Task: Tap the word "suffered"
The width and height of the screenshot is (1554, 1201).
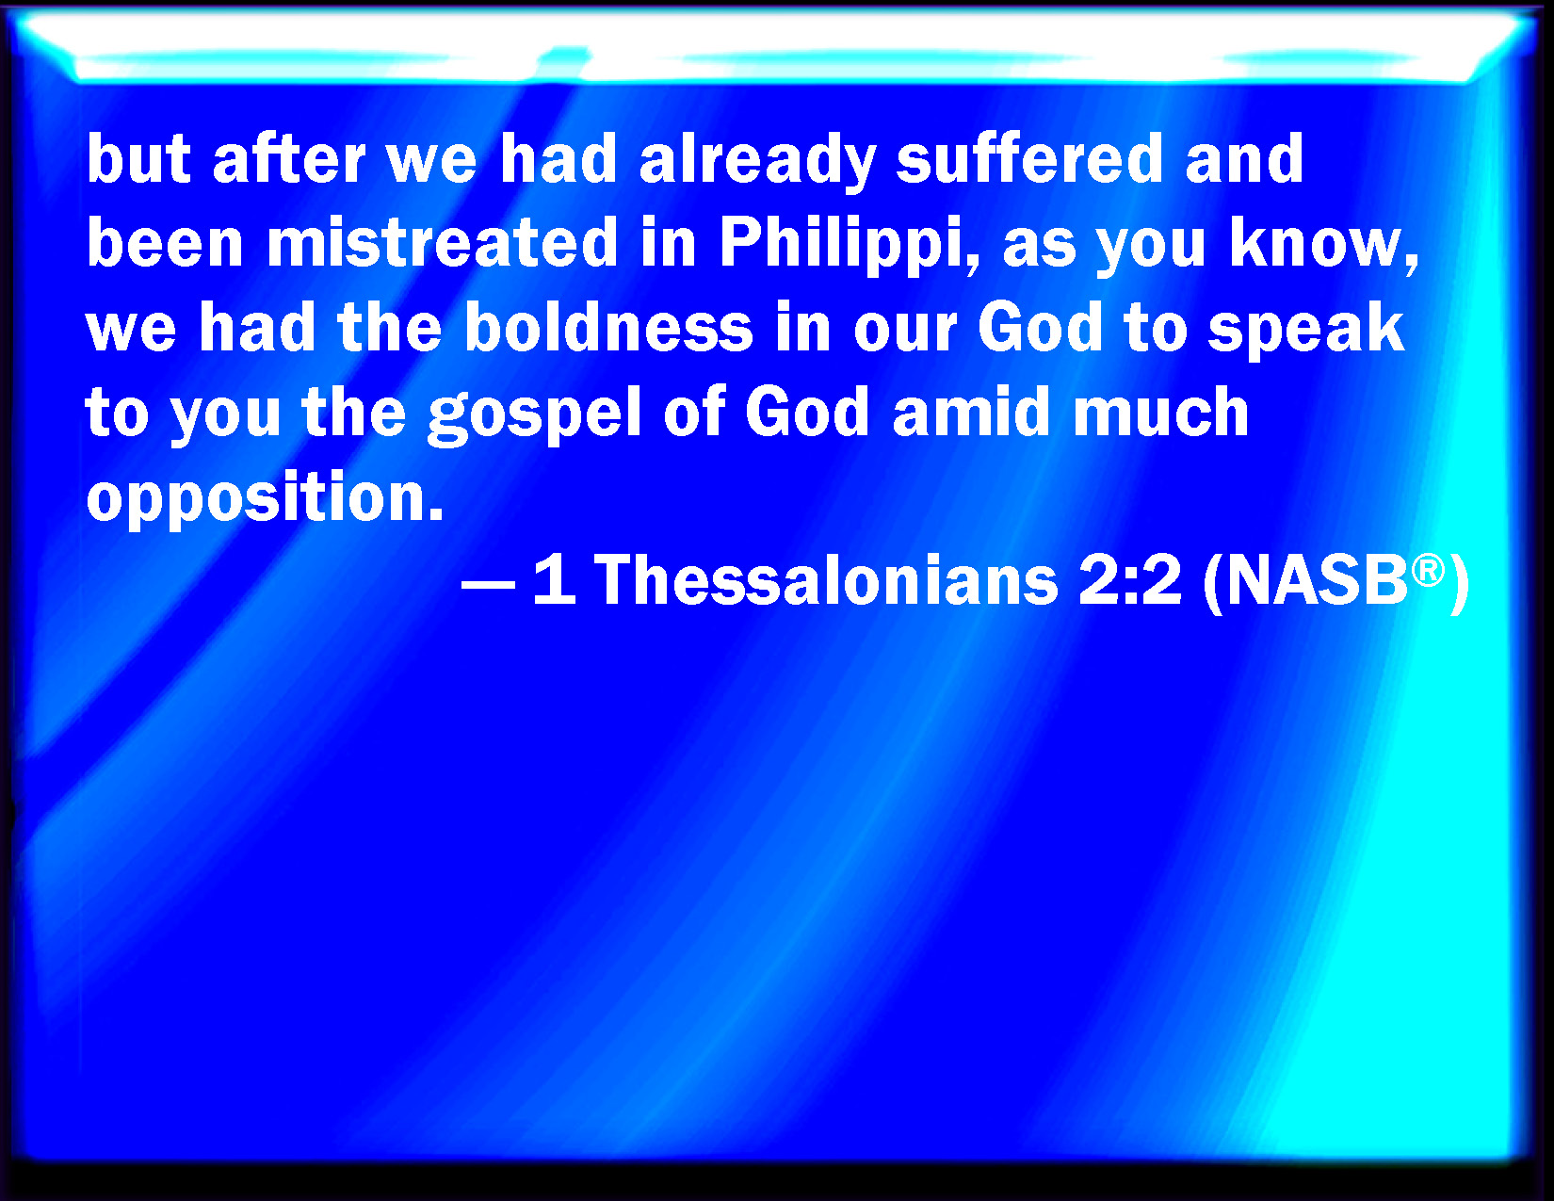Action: coord(1029,157)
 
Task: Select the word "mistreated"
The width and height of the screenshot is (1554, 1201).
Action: coord(442,242)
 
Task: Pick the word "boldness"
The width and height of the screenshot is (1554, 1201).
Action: coord(608,327)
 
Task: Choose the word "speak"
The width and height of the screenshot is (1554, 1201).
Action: coord(1306,332)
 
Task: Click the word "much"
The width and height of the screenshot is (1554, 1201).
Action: coord(1160,411)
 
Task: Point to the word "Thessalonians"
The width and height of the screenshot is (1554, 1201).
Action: coord(826,580)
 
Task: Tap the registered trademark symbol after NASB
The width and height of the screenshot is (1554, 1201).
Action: coord(1428,572)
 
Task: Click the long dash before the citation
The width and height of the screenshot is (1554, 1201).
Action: coord(489,584)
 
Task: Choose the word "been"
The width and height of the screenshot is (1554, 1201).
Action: coord(165,242)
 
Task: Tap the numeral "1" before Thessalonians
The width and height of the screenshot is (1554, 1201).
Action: coord(554,580)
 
